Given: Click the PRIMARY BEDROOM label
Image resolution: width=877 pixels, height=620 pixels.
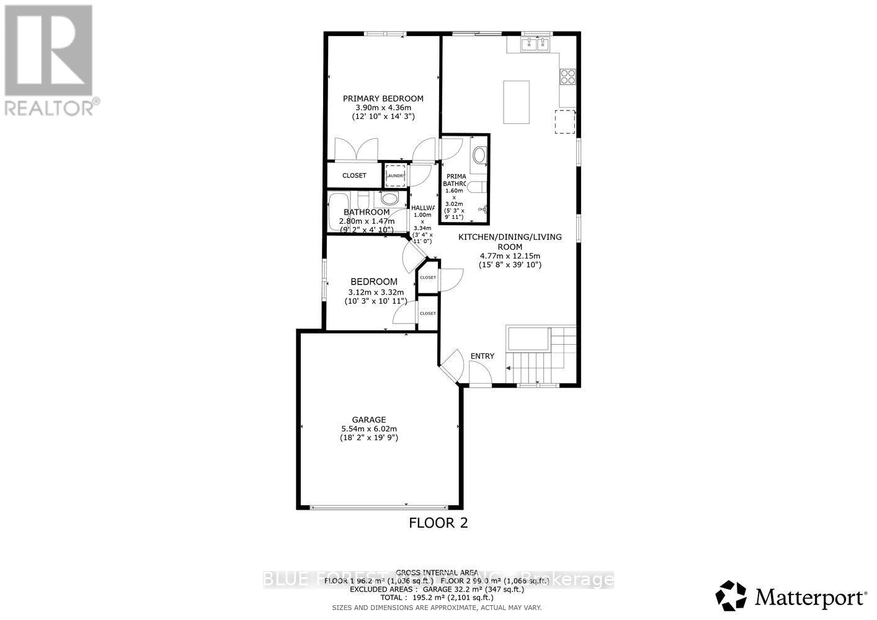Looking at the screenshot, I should pos(383,99).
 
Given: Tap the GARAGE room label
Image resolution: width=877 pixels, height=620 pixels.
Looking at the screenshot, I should pos(369,420).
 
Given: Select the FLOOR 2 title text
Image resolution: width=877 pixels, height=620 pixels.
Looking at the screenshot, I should pos(438,523).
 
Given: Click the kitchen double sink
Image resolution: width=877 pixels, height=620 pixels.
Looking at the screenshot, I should pos(535,43).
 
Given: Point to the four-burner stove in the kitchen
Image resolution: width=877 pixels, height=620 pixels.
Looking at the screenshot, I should pos(568,76).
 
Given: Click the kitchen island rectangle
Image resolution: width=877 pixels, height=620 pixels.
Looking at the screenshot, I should pos(516,102).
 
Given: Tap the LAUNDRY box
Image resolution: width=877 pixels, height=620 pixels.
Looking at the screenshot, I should pos(395,175).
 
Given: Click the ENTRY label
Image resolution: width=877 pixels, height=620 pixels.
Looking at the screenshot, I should pos(483,356).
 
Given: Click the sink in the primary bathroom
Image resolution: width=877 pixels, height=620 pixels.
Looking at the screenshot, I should pos(479,154).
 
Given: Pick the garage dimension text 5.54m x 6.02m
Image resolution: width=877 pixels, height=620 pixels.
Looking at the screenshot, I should pos(369,428).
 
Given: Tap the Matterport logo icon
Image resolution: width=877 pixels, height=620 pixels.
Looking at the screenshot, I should pos(731,596).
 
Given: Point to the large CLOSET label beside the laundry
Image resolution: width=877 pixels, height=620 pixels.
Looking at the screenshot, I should pos(354,175).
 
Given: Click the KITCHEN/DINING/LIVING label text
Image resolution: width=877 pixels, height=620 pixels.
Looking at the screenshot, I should pos(510,237).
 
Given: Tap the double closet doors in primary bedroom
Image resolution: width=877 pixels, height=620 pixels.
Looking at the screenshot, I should pos(355,149).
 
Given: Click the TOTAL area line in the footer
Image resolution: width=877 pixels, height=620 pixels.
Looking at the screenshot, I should pos(438,598).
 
